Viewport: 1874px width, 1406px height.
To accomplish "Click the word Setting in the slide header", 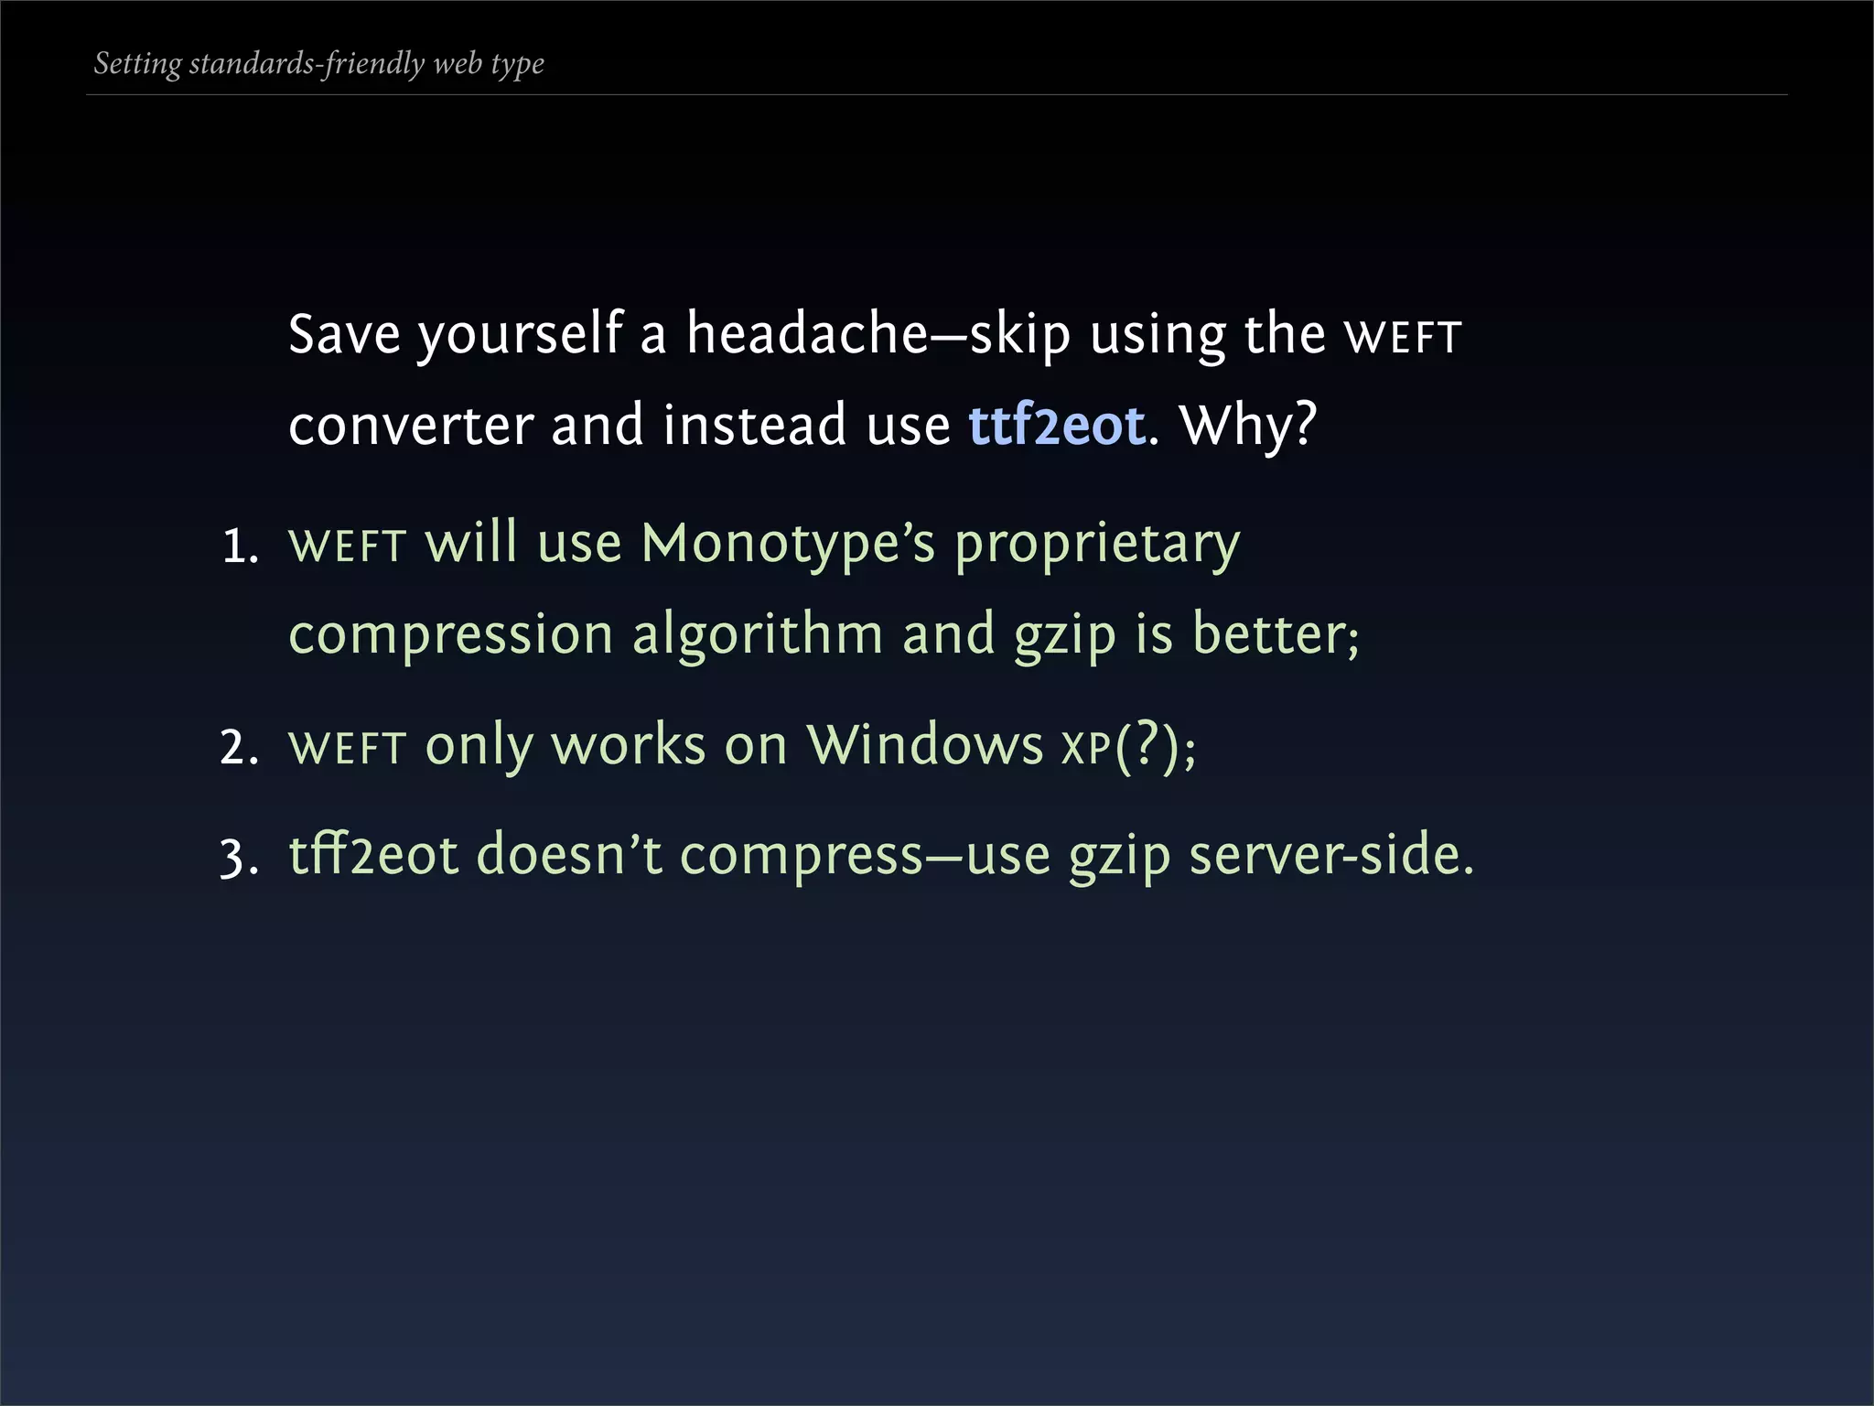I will (137, 64).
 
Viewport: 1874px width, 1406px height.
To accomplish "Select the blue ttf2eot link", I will (1057, 426).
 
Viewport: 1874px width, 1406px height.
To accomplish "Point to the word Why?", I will (1248, 426).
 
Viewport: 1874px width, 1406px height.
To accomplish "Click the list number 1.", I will (240, 547).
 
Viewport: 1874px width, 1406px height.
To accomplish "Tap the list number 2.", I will (240, 748).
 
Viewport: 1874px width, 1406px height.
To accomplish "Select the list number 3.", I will (240, 859).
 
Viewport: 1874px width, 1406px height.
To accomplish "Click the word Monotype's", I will (788, 544).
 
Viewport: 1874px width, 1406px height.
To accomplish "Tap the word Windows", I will (924, 745).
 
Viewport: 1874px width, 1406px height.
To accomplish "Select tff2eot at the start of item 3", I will (373, 855).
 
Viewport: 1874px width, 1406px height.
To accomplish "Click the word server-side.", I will (1331, 855).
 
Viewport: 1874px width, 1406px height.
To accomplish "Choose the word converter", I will (411, 427).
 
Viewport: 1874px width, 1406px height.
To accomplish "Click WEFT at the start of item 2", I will (347, 748).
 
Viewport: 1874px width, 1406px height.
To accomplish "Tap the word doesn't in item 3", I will (569, 855).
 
